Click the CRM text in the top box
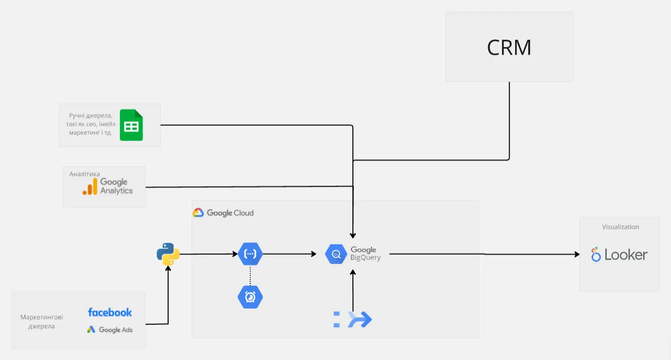tap(509, 48)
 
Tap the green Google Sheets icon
tap(131, 125)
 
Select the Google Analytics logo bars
tap(90, 187)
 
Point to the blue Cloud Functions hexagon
tap(250, 254)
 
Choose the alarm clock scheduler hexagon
tap(250, 297)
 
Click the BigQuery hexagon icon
tap(336, 254)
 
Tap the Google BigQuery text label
tap(365, 254)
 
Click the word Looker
tap(625, 255)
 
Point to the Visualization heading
tap(620, 227)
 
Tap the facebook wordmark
tap(110, 312)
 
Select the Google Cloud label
tap(224, 213)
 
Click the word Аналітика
tap(85, 174)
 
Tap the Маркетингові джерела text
tap(42, 321)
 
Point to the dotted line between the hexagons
tap(250, 276)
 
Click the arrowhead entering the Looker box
tap(577, 254)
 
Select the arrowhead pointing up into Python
tap(168, 268)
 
